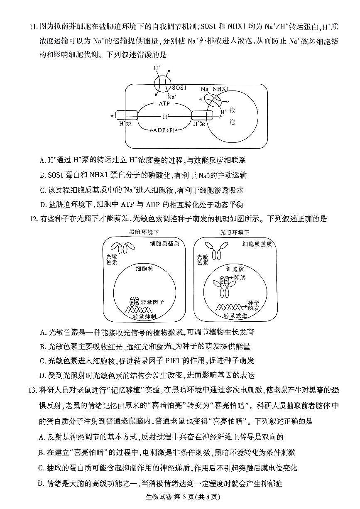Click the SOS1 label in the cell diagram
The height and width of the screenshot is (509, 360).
(x=179, y=88)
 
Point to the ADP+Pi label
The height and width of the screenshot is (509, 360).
(x=163, y=130)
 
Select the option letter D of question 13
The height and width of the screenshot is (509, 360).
(x=41, y=483)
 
